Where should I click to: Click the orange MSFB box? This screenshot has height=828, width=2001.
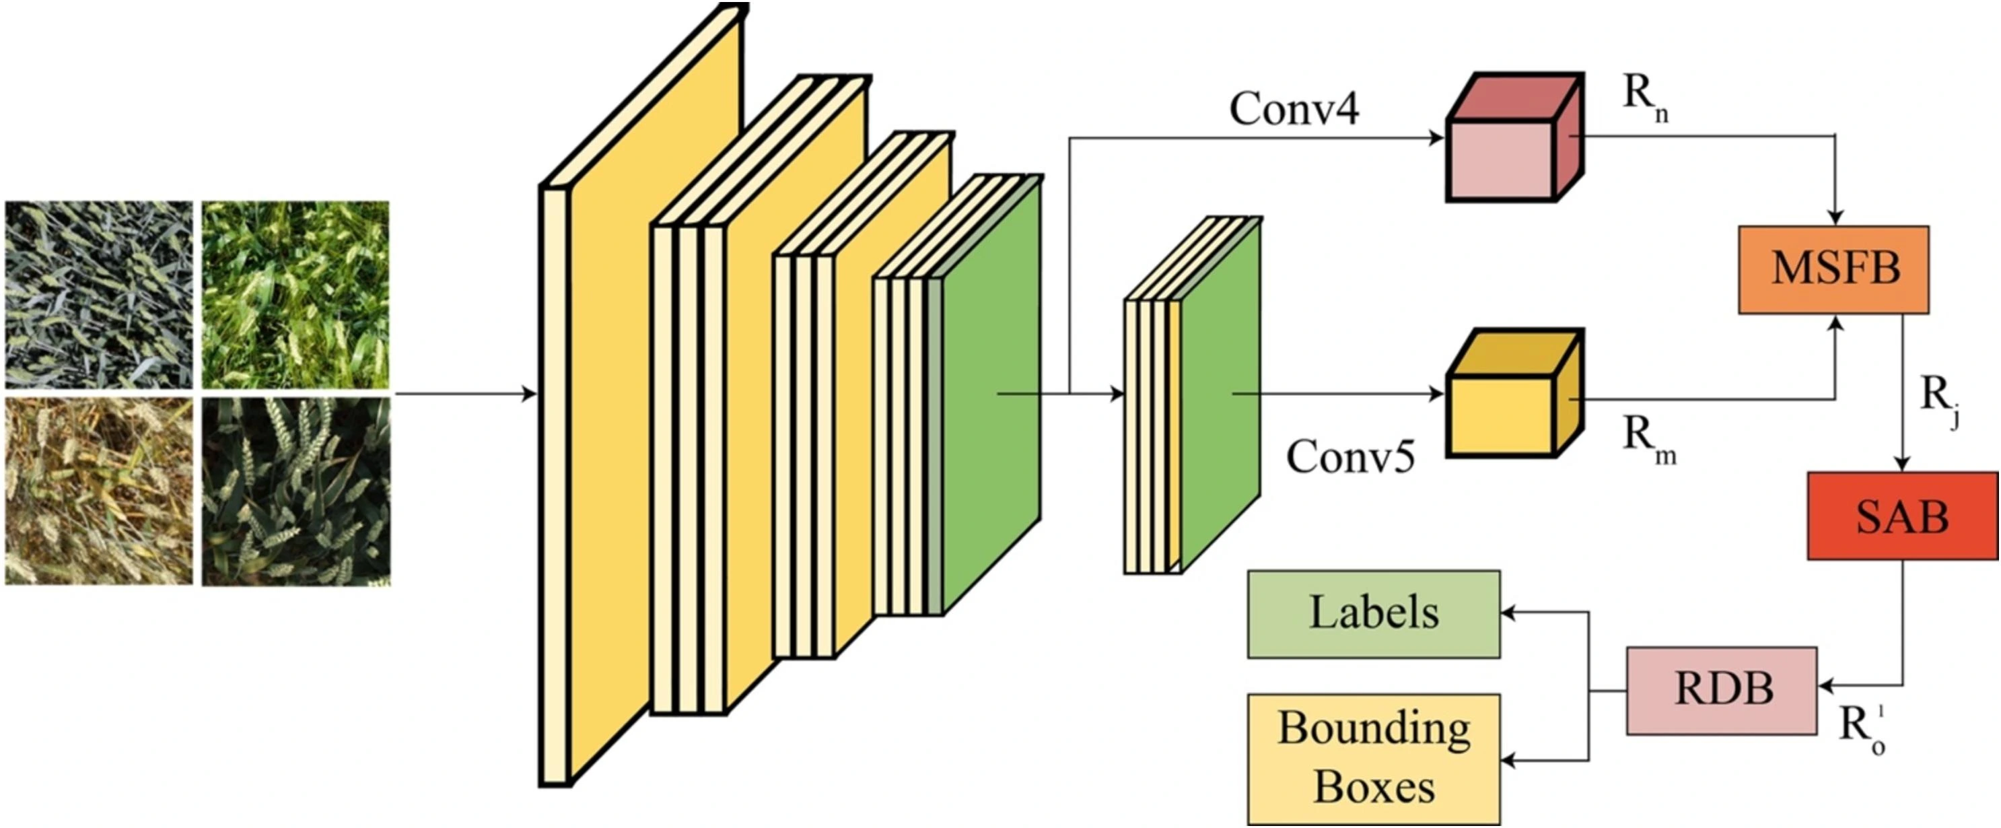click(1833, 269)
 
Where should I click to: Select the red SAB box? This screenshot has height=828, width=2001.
click(1901, 516)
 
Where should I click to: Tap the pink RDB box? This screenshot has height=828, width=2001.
click(1722, 690)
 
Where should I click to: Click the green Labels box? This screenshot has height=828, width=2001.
click(1372, 614)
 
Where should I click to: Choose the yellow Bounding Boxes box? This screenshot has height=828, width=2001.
click(1372, 759)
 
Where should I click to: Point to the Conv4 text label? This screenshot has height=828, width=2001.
click(1294, 109)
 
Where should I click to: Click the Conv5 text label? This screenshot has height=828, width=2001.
click(1350, 456)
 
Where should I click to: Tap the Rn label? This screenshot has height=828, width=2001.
click(1644, 99)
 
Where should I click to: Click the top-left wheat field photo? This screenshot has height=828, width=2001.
click(99, 294)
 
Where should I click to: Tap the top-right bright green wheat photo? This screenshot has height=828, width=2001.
click(295, 294)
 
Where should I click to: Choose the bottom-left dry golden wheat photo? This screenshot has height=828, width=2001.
click(99, 491)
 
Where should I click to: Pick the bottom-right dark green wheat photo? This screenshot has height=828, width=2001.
click(295, 491)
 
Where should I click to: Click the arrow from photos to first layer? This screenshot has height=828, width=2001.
click(466, 394)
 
